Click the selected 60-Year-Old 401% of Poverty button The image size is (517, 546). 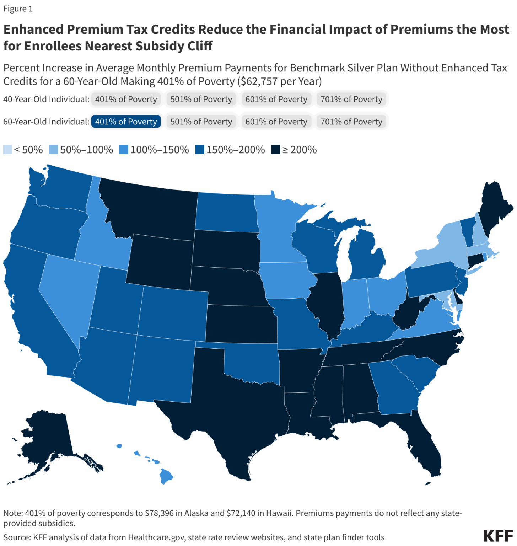point(126,122)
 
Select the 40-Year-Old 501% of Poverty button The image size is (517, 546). point(201,99)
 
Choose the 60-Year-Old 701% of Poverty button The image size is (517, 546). point(351,122)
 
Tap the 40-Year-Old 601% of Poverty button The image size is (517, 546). point(276,99)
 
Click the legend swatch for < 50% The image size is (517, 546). point(7,150)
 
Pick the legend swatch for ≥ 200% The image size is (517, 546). point(276,150)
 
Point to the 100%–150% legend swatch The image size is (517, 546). point(124,150)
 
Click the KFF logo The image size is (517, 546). point(498,536)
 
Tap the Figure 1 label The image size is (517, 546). point(18,9)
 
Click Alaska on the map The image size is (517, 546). point(46,441)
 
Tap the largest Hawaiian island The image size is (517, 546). point(166,476)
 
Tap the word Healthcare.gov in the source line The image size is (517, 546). point(156,537)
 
